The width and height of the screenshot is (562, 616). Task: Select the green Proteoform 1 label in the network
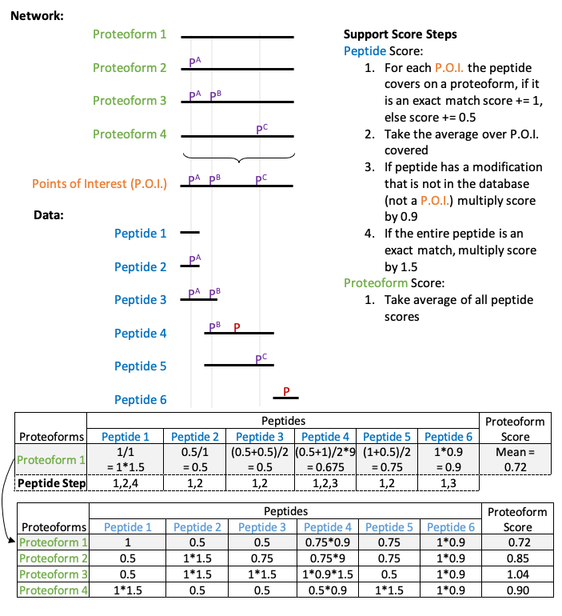(x=130, y=34)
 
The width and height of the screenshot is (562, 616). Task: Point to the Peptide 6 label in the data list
(x=141, y=399)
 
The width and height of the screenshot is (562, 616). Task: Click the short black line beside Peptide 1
(x=189, y=233)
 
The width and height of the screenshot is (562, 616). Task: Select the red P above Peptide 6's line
(x=286, y=390)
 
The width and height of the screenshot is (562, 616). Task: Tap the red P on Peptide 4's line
(x=237, y=326)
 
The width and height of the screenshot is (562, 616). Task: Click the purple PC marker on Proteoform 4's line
(x=261, y=128)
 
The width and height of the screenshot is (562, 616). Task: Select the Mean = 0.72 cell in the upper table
(x=515, y=458)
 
